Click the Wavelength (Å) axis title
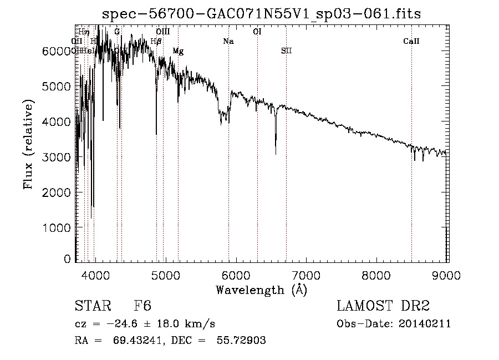coord(261,290)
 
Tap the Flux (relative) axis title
coord(28,144)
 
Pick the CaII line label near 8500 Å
coord(411,42)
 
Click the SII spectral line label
coord(286,51)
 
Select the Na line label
coord(228,42)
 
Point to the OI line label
coord(257,32)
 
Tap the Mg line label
coord(178,51)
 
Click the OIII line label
coord(163,32)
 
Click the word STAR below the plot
coord(92,306)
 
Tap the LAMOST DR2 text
coord(383,306)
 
